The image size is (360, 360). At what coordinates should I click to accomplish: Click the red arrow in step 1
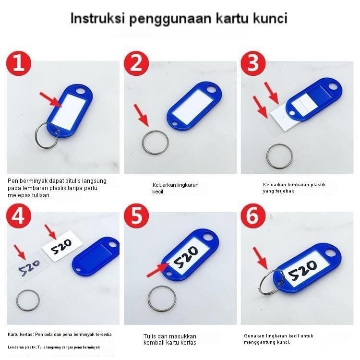point(50,98)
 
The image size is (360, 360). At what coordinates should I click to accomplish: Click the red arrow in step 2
point(141,116)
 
